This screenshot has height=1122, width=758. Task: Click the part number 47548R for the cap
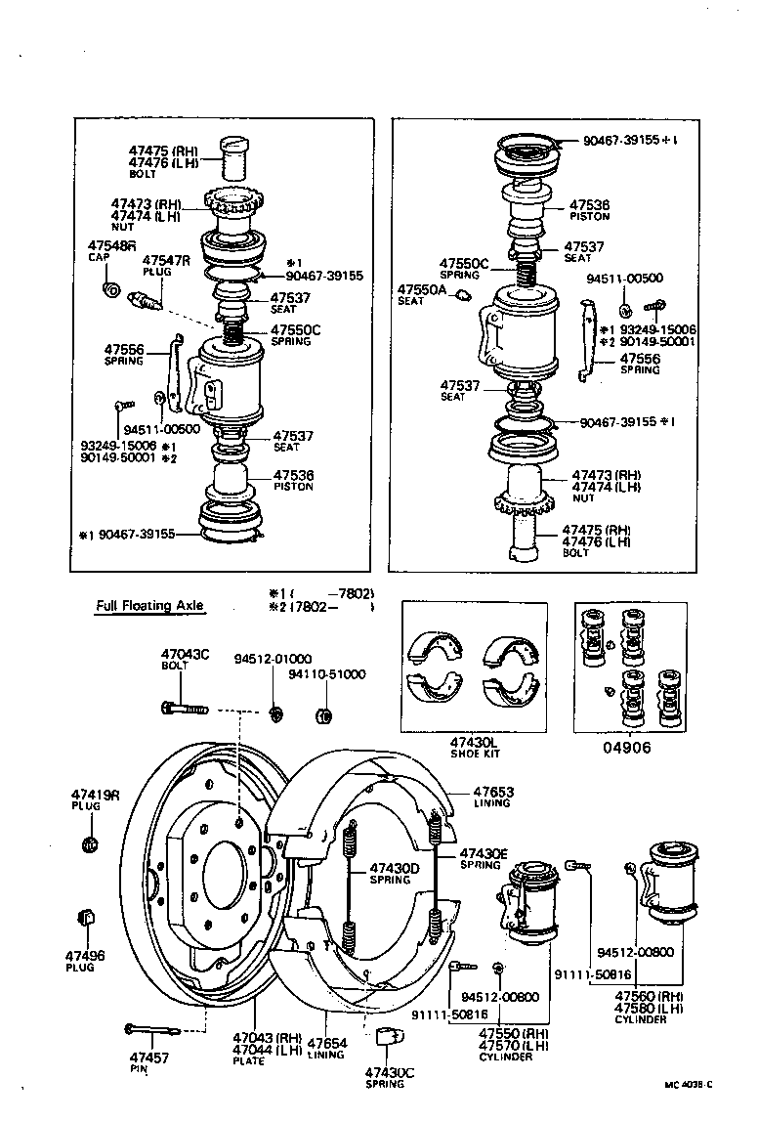pos(112,245)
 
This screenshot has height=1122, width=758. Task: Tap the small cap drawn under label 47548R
pos(110,290)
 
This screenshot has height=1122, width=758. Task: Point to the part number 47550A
pos(421,290)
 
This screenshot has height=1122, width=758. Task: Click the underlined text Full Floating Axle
pos(149,605)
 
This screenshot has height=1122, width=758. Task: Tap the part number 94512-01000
pos(273,659)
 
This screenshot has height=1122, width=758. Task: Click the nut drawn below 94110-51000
pos(324,716)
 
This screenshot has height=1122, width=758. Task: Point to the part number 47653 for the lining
pos(493,793)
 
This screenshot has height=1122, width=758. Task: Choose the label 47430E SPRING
pos(484,858)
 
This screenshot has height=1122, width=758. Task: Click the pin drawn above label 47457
pos(149,1028)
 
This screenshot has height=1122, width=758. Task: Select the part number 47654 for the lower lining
pos(325,1043)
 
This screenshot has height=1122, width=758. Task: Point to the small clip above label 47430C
pos(387,1037)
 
